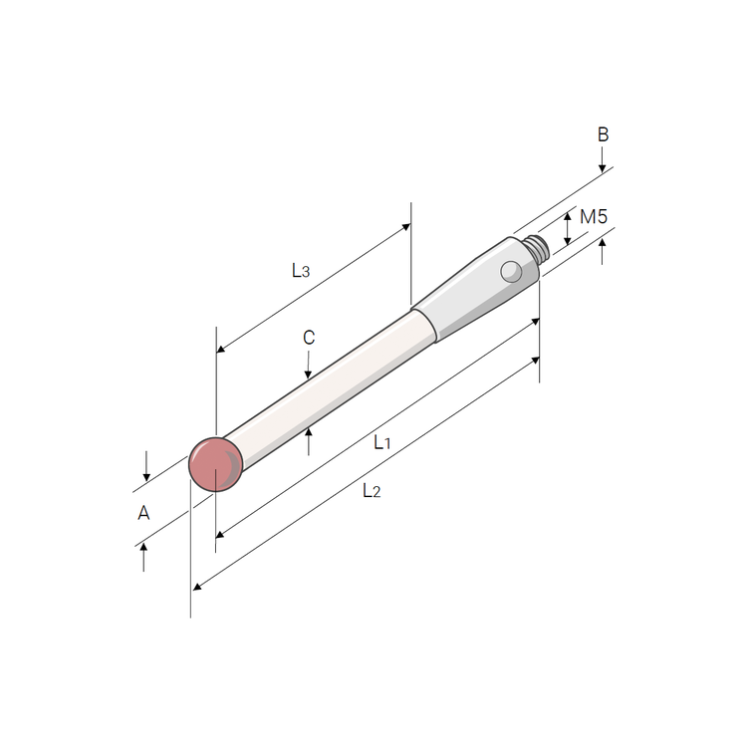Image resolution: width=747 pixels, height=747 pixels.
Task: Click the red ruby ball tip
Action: coord(216,464)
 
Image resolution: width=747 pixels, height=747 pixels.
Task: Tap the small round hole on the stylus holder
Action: coord(511,270)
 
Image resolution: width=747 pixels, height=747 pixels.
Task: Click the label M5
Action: coord(594,217)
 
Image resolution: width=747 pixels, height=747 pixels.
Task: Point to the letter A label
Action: coord(143,513)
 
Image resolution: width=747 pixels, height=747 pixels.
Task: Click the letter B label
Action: coord(603,134)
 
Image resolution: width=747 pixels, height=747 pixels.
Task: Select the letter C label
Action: coord(309,339)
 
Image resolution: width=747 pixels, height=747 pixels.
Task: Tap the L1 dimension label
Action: coord(381,442)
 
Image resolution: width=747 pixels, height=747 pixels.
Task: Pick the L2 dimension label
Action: coord(371,490)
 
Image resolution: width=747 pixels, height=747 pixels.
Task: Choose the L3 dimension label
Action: coord(301,270)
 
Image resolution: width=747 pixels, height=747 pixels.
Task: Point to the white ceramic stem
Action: coord(329,383)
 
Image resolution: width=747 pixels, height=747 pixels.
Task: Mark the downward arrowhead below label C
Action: coord(309,373)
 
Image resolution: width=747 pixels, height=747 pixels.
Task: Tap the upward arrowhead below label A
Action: coord(144,549)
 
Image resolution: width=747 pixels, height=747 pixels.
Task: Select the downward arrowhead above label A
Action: coord(145,476)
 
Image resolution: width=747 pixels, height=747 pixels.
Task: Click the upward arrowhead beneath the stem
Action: coord(309,429)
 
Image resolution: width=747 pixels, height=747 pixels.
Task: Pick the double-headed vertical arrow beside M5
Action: coord(568,228)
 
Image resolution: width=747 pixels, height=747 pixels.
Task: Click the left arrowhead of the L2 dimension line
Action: coord(197,586)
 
